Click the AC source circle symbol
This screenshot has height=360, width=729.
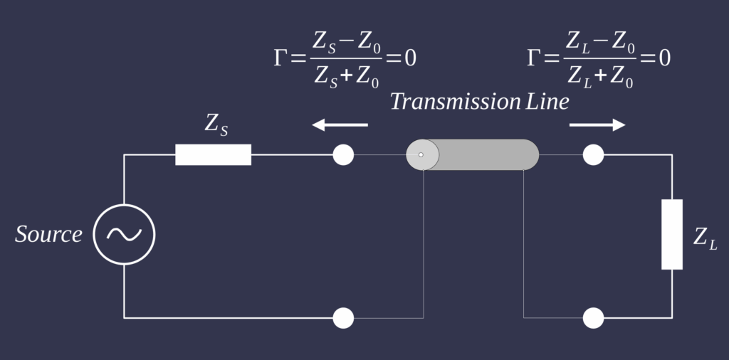pos(124,234)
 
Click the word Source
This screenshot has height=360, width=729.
pos(48,234)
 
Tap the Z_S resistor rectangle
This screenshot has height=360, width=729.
pos(213,154)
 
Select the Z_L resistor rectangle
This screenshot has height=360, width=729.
pos(671,234)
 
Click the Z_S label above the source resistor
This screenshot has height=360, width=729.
pos(216,124)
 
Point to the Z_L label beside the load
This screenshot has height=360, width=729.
pos(705,238)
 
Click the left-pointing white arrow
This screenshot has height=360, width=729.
pos(340,125)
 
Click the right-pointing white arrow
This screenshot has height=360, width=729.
pos(597,125)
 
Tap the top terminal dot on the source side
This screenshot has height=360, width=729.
pos(343,154)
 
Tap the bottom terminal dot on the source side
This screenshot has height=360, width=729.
pos(343,318)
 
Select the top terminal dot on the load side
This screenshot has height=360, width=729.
pos(593,154)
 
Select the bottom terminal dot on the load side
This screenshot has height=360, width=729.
pos(593,318)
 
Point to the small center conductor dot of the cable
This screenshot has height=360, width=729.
pos(421,154)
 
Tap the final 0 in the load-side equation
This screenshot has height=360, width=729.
pos(664,58)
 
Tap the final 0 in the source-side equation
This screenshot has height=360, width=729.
pos(410,58)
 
